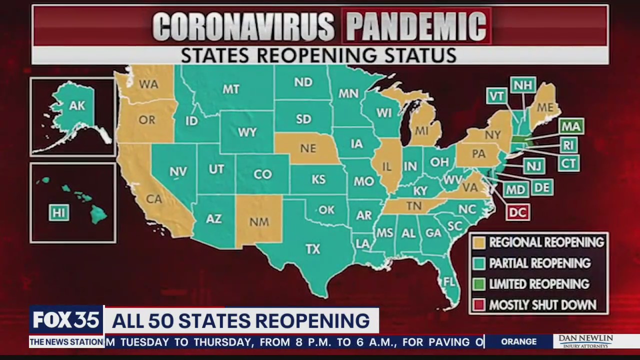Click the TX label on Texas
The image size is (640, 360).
[312, 248]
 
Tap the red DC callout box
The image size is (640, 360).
[517, 212]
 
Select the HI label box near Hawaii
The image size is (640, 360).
[58, 213]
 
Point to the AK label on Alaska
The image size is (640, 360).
[77, 105]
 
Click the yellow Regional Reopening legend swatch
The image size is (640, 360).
[479, 242]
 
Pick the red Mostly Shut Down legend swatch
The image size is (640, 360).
[479, 305]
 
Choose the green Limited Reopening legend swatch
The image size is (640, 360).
[479, 284]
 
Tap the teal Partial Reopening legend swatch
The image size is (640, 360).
[479, 263]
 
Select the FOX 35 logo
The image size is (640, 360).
[66, 320]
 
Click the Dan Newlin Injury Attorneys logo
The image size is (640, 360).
[585, 341]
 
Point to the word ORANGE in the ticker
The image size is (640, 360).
[518, 341]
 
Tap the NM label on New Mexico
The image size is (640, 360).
[259, 222]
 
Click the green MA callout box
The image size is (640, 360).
[570, 126]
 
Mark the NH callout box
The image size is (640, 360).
[522, 85]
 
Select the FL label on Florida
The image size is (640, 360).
[449, 281]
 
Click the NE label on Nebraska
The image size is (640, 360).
[308, 148]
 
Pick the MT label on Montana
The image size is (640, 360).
[230, 89]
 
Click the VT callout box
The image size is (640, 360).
[497, 96]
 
